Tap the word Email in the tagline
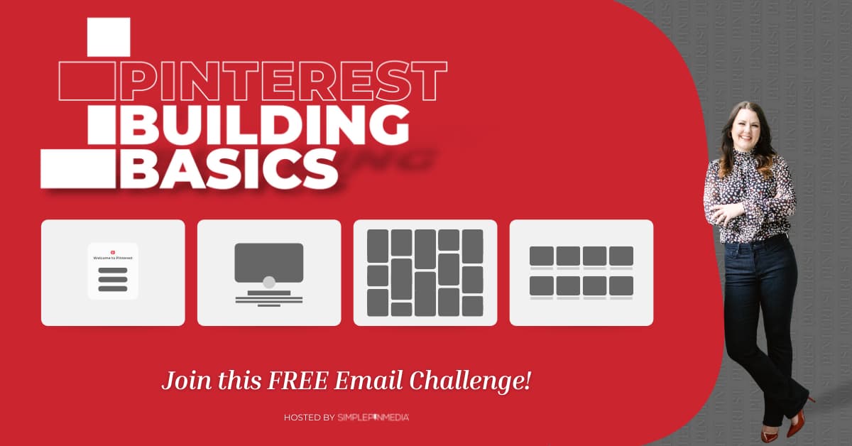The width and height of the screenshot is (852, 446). click(369, 381)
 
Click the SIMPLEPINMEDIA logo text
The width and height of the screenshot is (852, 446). click(373, 418)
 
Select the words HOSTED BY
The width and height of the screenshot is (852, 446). click(309, 418)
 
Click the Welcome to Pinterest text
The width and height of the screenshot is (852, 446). click(113, 259)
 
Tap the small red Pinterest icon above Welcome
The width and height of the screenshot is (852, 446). click(113, 250)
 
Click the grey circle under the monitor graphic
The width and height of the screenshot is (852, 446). click(269, 282)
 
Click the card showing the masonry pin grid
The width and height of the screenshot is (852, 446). click(425, 273)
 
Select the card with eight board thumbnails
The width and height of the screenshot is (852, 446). click(581, 273)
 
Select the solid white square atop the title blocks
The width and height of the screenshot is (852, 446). click(109, 37)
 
